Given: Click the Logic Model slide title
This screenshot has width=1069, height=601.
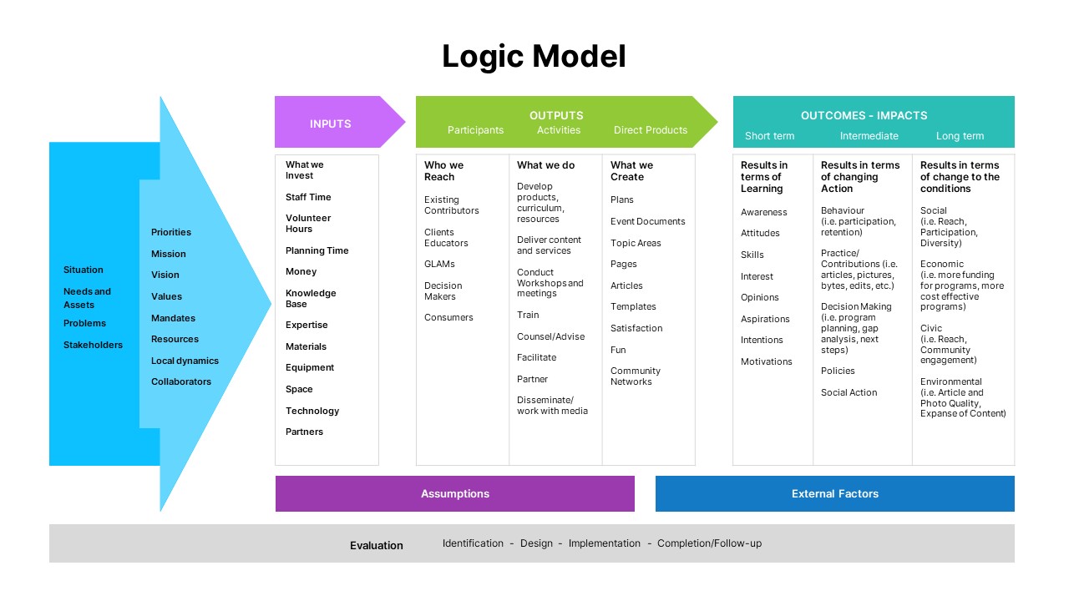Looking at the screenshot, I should click(534, 57).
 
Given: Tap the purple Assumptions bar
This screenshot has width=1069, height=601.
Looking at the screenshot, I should click(455, 493).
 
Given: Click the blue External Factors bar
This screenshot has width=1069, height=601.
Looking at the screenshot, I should click(835, 493).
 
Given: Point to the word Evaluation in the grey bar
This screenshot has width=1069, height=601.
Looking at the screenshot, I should click(376, 545).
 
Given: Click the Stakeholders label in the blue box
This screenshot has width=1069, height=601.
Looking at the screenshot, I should click(93, 345).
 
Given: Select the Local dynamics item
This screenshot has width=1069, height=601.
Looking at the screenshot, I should click(185, 361).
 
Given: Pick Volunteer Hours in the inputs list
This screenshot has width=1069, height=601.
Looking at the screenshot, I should click(308, 223).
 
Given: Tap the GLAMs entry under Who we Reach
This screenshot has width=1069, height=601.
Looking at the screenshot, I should click(439, 264).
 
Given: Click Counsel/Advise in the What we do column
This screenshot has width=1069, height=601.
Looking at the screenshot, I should click(550, 336).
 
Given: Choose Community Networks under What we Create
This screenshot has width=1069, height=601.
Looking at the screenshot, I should click(635, 376).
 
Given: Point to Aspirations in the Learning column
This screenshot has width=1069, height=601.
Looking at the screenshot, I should click(765, 319).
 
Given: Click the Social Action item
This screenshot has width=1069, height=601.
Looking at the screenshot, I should click(849, 392).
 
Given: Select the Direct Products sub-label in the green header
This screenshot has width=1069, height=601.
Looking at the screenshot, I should click(650, 130).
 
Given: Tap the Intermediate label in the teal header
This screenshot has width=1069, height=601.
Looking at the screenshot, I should click(869, 136).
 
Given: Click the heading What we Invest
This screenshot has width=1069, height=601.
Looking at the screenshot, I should click(304, 170).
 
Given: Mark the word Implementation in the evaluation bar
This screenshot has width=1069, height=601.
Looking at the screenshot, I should click(604, 543).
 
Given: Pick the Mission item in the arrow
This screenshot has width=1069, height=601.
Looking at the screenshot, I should click(168, 254).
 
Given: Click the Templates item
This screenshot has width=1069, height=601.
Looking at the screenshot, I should click(633, 306).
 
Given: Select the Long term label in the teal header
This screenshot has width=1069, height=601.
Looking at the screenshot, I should click(960, 136).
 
